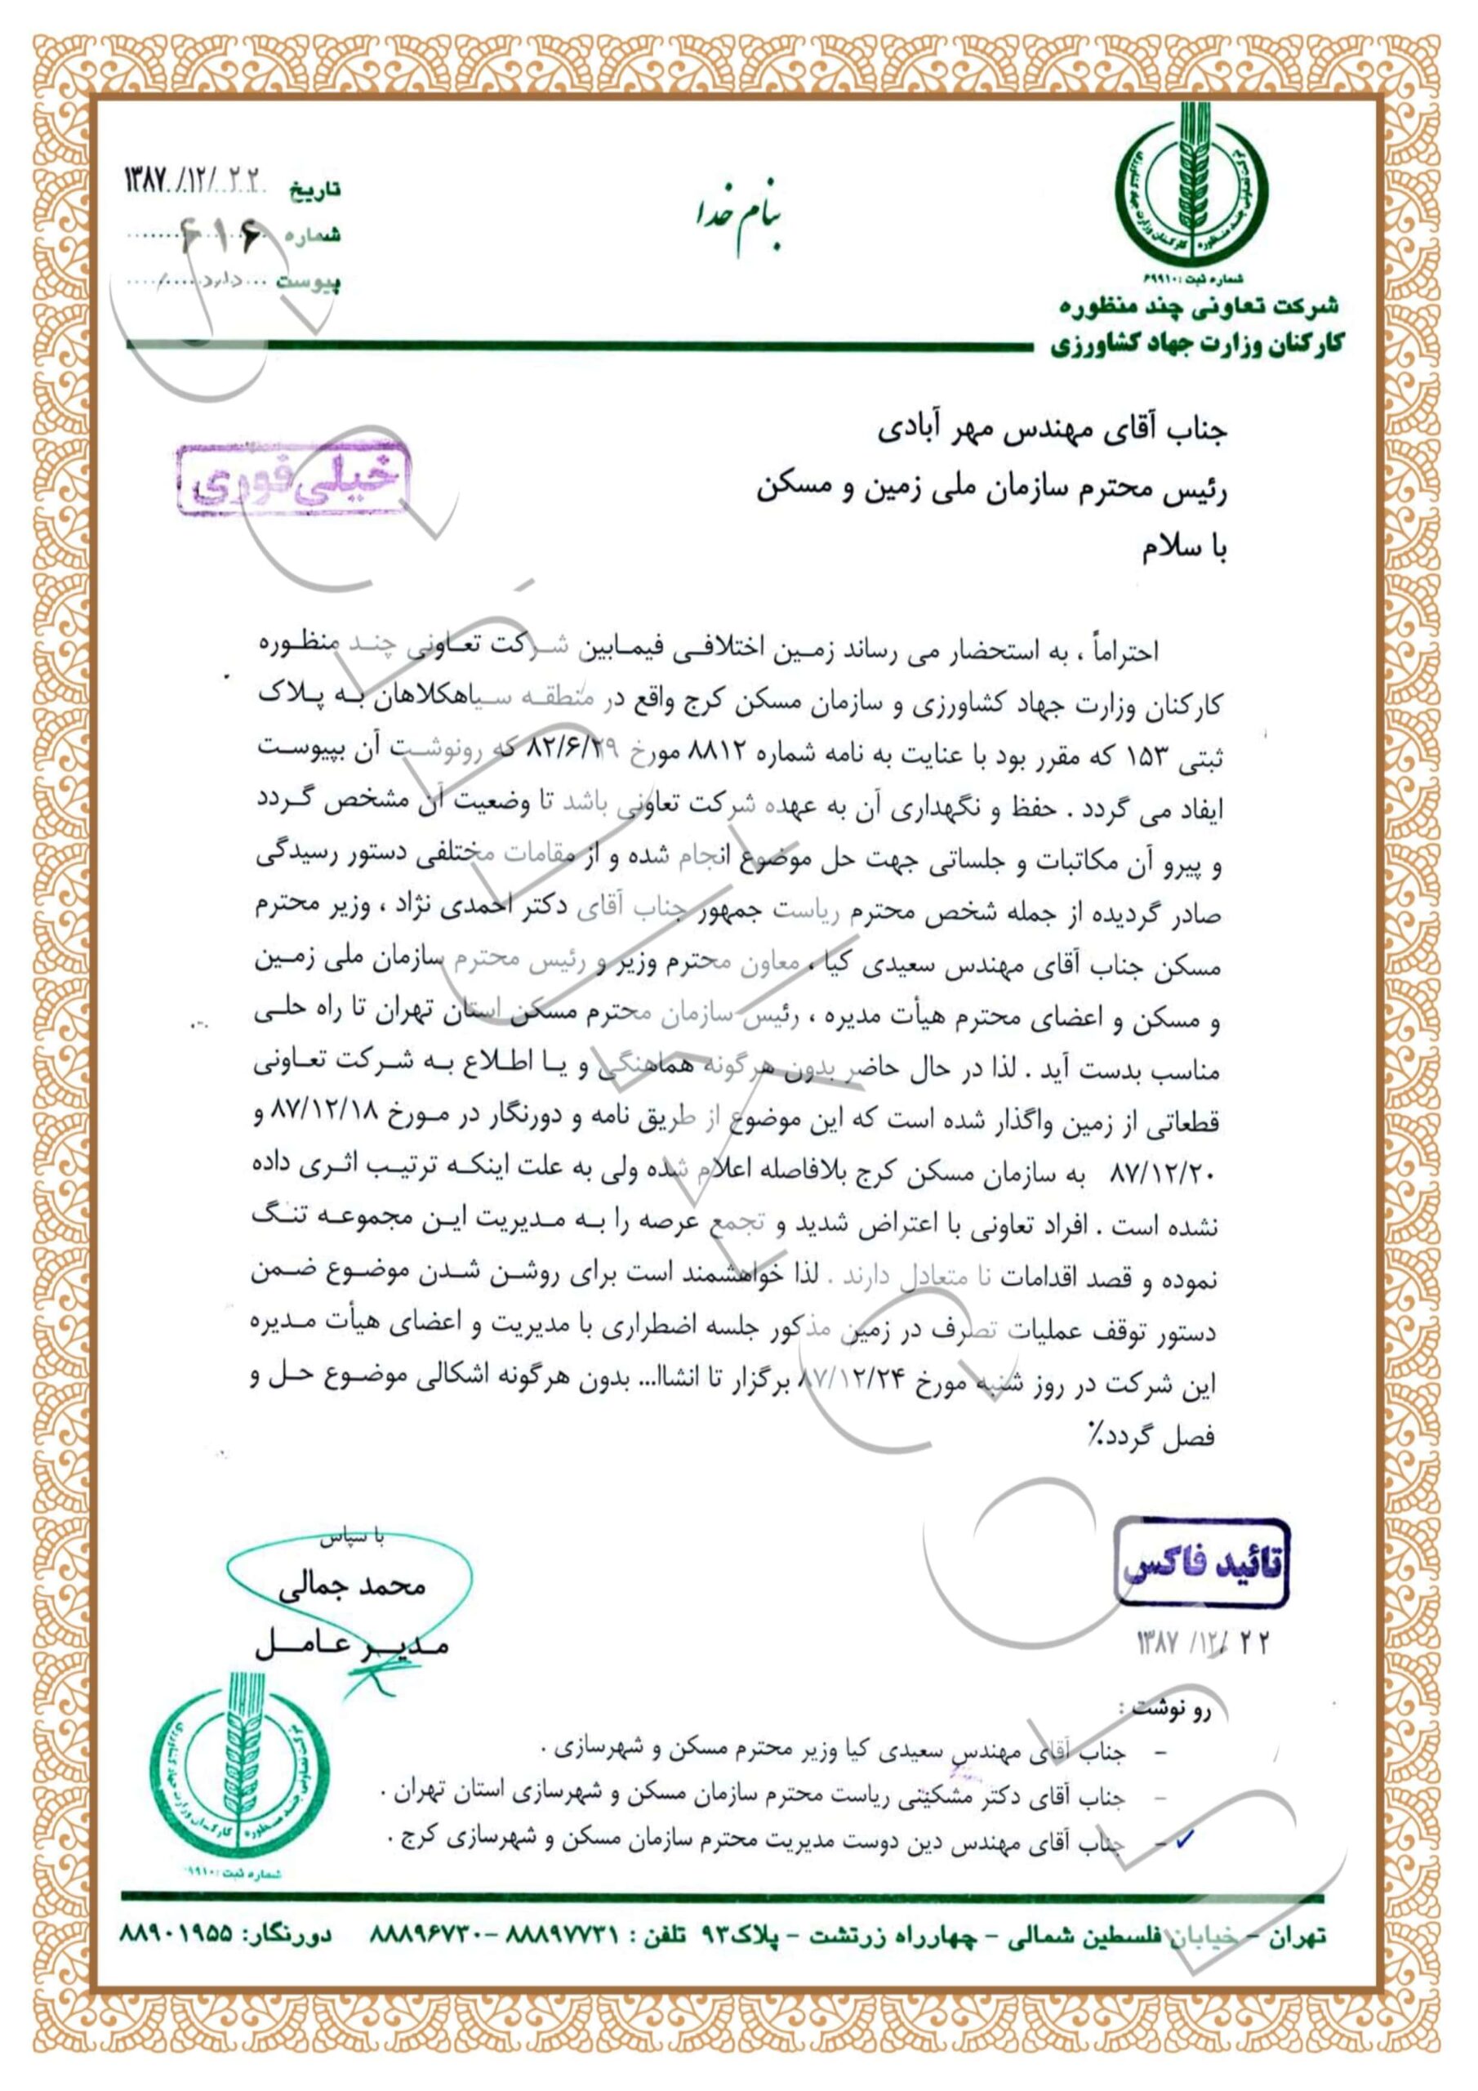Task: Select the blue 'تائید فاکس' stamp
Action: point(1202,1563)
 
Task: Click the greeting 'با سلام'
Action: point(1185,549)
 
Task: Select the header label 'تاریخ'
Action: point(314,190)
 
